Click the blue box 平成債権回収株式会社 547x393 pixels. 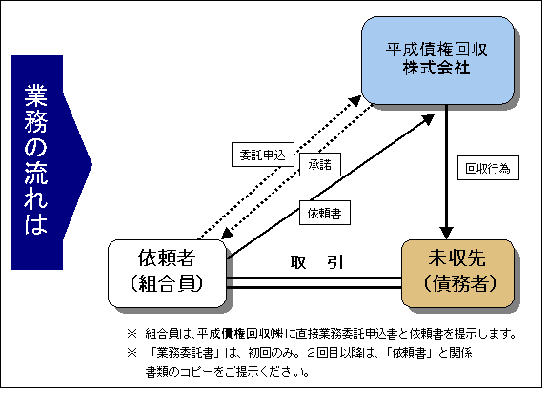coord(437,60)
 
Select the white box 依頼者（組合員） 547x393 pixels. coord(167,274)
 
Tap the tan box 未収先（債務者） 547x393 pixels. coord(457,274)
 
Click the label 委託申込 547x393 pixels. coord(263,155)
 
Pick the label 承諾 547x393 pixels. coord(320,164)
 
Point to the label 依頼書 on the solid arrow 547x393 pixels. coord(324,213)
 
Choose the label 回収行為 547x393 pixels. coord(488,168)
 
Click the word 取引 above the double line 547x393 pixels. coord(316,262)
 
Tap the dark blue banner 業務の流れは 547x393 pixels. coord(51,163)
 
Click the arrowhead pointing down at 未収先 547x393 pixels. coord(446,233)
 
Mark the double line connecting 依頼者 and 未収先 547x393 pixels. coord(314,282)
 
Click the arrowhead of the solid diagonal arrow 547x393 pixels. coord(428,120)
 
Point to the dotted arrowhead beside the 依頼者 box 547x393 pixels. coord(227,234)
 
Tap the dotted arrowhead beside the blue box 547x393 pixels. coord(355,100)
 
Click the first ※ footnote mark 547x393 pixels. coord(132,334)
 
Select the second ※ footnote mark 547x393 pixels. coord(132,353)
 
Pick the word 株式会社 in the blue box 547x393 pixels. coord(436,68)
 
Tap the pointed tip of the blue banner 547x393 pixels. coord(91,165)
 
